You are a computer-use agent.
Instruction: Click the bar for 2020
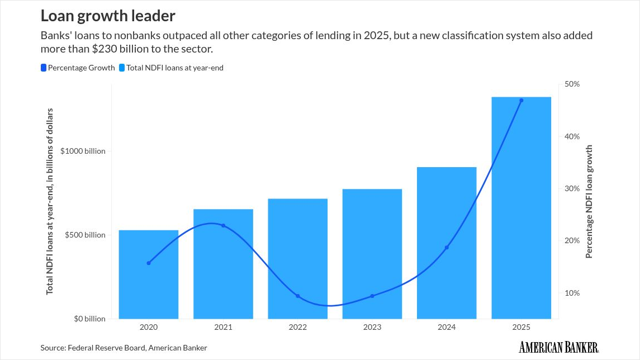click(149, 274)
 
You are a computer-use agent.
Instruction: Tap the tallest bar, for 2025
click(521, 207)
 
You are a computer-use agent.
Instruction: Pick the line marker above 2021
click(223, 225)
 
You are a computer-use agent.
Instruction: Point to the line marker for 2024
click(447, 247)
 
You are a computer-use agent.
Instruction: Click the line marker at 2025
click(521, 101)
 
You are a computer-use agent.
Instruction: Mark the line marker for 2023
click(372, 296)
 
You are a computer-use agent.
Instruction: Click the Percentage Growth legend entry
click(78, 68)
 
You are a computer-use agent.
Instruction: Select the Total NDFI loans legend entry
click(172, 68)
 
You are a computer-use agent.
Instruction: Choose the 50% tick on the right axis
click(572, 84)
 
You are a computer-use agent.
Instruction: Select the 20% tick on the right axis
click(572, 240)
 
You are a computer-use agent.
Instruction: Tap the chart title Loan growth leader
click(108, 15)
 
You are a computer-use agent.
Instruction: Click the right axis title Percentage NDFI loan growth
click(589, 202)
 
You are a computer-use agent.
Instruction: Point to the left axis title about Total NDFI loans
click(50, 201)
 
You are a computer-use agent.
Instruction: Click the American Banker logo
click(558, 347)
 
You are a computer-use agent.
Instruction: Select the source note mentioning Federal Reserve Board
click(124, 348)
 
